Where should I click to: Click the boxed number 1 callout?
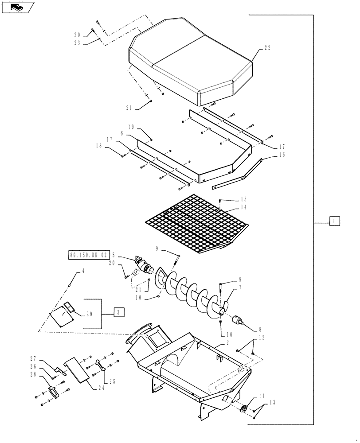(x=335, y=221)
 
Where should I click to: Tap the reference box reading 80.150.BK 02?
(x=89, y=255)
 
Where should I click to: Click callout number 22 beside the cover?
(x=267, y=48)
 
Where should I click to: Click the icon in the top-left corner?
(x=16, y=7)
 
